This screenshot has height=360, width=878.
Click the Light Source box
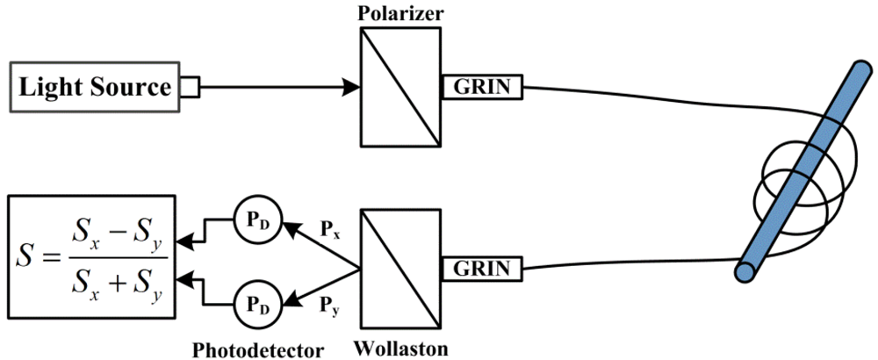(95, 87)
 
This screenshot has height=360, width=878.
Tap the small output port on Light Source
(191, 87)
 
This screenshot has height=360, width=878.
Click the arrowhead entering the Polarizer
(350, 87)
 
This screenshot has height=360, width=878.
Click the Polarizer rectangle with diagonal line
(400, 87)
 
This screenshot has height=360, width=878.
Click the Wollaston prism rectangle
(400, 267)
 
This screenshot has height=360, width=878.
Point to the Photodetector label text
(258, 349)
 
